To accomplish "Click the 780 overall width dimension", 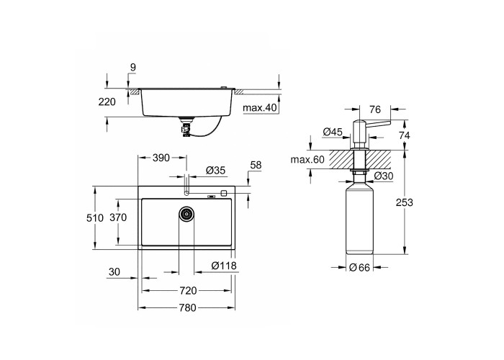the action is point(188,307).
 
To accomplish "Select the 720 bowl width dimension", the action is point(188,291).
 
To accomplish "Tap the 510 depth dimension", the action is point(95,218).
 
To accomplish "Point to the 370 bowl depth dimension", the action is point(118,217).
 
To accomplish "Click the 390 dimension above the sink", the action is point(161,158).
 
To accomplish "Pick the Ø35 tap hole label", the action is point(215,171).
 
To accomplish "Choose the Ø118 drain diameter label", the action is point(224,266).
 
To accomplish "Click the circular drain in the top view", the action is point(186,213).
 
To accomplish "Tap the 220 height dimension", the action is point(107,102).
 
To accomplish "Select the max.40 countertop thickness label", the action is point(260,108).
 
